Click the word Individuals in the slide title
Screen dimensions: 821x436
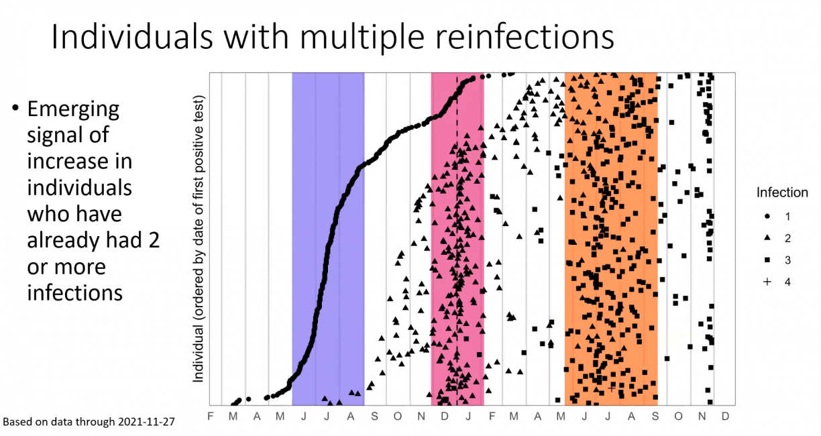point(132,37)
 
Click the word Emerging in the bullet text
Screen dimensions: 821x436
point(73,109)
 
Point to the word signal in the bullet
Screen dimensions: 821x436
point(68,135)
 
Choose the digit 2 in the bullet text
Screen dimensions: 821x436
point(154,240)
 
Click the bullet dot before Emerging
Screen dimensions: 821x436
point(15,108)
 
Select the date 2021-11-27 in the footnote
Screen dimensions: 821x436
point(146,422)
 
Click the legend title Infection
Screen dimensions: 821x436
point(782,193)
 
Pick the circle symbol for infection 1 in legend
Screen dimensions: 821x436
point(767,216)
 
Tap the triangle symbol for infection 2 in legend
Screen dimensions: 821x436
point(767,237)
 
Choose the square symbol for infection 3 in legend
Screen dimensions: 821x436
point(767,260)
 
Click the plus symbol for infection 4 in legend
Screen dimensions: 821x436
point(767,282)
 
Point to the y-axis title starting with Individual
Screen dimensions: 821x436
point(199,239)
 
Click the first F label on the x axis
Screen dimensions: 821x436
point(211,417)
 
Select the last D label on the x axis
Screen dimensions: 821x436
point(725,417)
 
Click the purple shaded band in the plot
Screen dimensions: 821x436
point(328,239)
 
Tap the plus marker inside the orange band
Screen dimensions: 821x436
point(611,388)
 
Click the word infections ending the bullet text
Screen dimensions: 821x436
point(74,293)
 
